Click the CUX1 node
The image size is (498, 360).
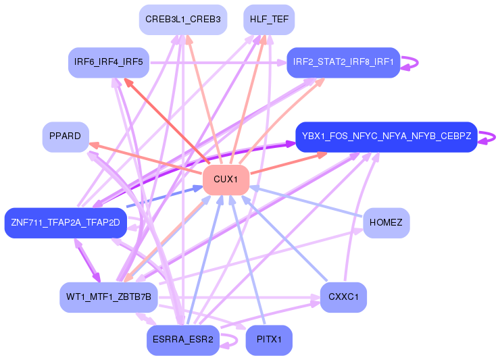226,180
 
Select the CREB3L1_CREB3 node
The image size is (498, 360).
182,20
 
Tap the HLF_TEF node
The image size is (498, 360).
269,20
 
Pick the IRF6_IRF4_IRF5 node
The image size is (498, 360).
109,62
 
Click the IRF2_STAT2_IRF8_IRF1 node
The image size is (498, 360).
343,62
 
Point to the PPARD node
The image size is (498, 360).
66,136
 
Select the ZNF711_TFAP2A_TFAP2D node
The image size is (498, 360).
66,223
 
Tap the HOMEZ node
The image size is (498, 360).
387,223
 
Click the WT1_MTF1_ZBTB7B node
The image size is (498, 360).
109,297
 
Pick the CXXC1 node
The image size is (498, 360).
343,297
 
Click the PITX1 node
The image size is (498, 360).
269,340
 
